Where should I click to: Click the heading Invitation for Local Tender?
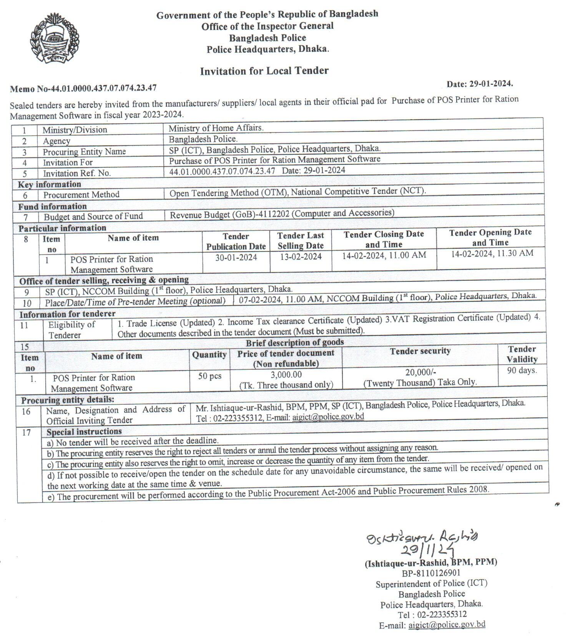point(264,71)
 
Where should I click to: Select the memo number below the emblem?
point(83,88)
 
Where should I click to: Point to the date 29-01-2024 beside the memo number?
point(480,83)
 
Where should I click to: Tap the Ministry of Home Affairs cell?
point(216,128)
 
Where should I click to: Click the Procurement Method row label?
point(81,195)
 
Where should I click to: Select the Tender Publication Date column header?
point(236,241)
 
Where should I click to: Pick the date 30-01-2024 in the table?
point(236,257)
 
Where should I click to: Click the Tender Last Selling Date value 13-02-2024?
point(301,256)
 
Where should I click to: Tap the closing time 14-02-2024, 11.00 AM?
point(384,255)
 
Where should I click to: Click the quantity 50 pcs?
point(209,376)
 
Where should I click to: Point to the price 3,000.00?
point(286,374)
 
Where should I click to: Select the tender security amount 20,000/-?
point(420,372)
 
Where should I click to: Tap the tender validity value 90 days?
point(522,370)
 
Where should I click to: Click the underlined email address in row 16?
point(328,417)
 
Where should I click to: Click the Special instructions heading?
point(84,432)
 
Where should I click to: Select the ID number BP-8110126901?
point(431,573)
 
